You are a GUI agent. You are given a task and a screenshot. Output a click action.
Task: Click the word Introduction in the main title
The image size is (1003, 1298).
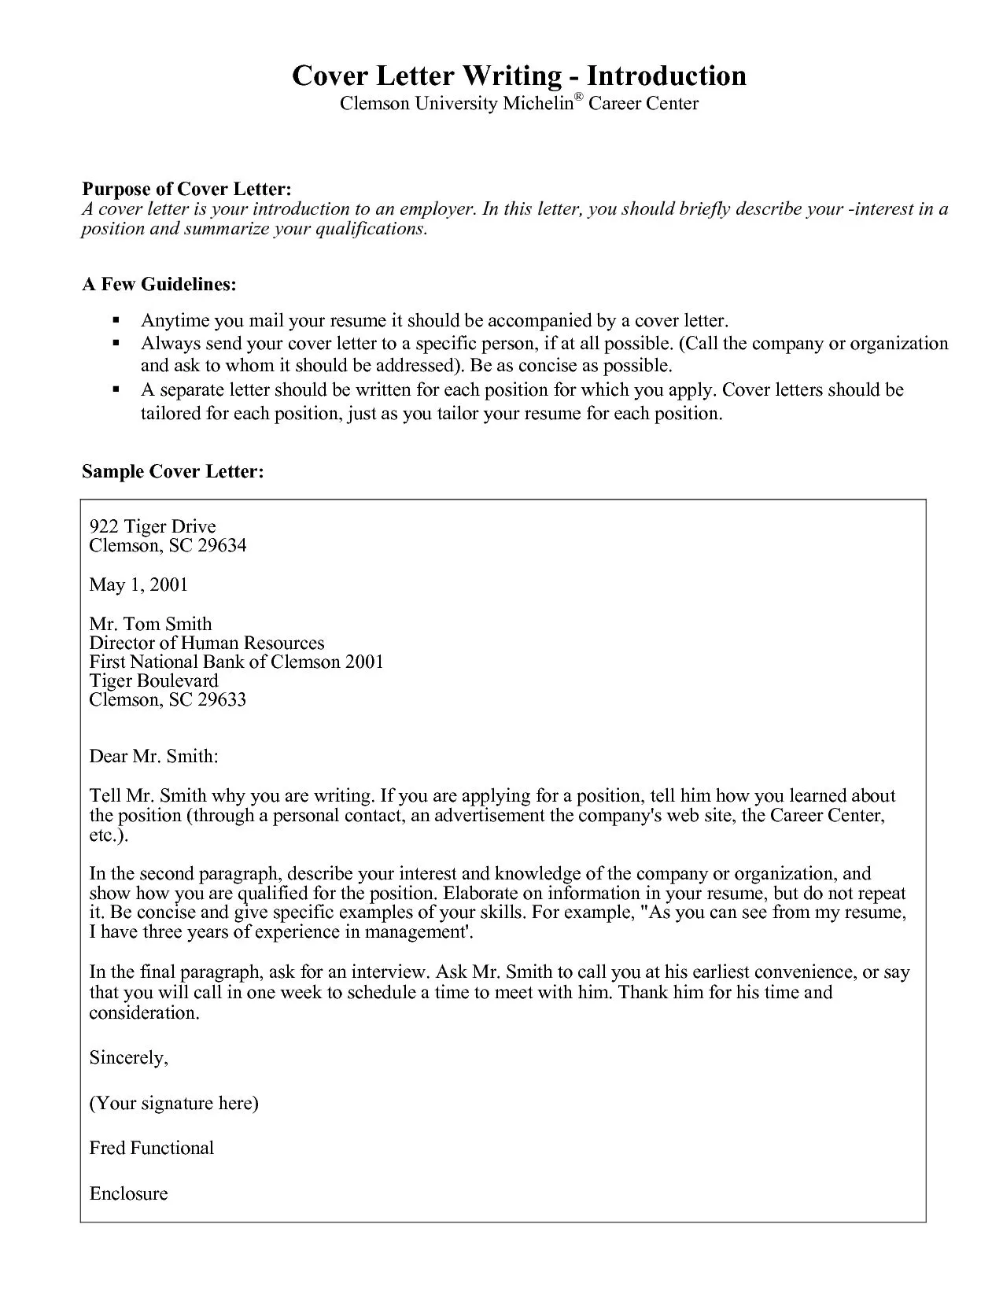[x=666, y=76]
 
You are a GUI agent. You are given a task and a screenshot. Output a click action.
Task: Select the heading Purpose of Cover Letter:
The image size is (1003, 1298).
[x=187, y=189]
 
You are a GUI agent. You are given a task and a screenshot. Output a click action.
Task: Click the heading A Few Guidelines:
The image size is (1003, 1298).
[x=159, y=284]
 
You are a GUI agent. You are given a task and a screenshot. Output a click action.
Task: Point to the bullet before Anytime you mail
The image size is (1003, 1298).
[x=116, y=321]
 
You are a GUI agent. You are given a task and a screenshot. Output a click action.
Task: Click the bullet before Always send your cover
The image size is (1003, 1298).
[x=116, y=344]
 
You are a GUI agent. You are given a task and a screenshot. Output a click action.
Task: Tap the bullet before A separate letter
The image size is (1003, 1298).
[x=116, y=390]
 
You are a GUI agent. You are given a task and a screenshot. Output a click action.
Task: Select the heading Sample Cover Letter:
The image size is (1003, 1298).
[x=172, y=471]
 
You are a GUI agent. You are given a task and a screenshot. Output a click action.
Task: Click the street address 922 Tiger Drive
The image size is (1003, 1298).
[x=152, y=526]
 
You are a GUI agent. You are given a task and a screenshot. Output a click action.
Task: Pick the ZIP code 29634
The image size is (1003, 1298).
[x=222, y=545]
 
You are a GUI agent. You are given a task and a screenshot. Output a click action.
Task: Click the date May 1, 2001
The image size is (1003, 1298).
[x=138, y=584]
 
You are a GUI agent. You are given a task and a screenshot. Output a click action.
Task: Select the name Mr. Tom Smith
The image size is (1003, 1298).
[x=150, y=624]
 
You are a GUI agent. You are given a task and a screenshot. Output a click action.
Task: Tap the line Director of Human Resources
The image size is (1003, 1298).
[x=206, y=643]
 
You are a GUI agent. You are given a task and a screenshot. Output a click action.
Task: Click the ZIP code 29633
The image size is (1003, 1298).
[x=222, y=699]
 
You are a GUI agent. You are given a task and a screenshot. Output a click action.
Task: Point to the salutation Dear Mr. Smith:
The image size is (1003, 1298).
[x=153, y=756]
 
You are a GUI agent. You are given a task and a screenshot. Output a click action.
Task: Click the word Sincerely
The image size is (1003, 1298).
[x=128, y=1057]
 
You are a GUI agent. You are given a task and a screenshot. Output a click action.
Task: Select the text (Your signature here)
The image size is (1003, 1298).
[x=174, y=1103]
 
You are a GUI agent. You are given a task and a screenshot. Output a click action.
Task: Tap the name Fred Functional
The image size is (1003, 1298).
[x=151, y=1148]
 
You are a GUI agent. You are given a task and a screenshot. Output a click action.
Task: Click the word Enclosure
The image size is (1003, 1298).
[x=128, y=1193]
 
